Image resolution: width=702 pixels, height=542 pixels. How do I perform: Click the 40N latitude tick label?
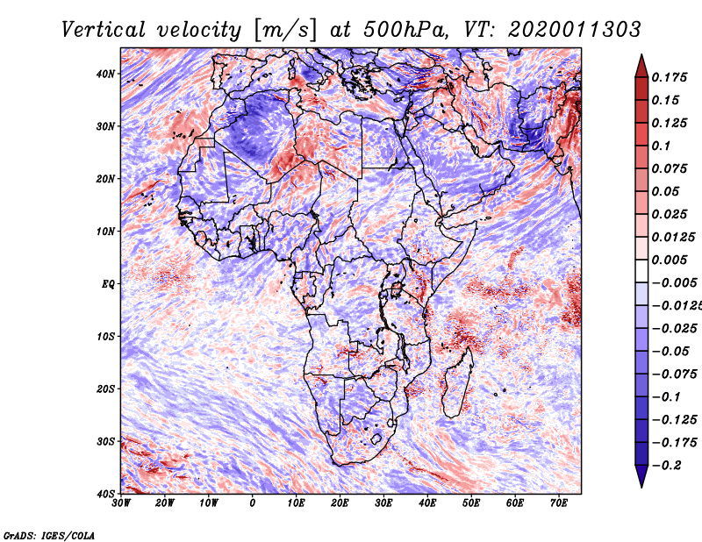tap(105, 74)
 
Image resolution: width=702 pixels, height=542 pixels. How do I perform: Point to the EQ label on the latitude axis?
tap(108, 284)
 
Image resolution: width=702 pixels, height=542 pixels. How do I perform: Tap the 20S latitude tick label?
tap(105, 389)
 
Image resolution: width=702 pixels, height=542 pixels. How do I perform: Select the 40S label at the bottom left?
tap(105, 494)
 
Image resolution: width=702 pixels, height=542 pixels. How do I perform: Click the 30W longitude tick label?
tap(121, 503)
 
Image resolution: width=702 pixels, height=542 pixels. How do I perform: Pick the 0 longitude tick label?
tap(253, 503)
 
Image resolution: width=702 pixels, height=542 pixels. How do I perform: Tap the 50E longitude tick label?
tap(471, 503)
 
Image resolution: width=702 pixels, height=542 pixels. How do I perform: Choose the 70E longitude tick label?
tap(559, 503)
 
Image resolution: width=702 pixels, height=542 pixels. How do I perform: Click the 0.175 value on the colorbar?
tap(670, 77)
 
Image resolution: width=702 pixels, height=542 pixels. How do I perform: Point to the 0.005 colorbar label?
tap(670, 260)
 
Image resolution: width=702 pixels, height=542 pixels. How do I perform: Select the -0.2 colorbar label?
tap(666, 466)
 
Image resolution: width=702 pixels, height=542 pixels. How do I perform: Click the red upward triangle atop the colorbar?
tap(641, 66)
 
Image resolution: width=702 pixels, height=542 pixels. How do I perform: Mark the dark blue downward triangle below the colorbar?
tap(641, 476)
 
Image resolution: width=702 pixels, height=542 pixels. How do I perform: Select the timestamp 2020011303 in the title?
tap(575, 30)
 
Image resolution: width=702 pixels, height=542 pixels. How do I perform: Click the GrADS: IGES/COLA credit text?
tap(49, 536)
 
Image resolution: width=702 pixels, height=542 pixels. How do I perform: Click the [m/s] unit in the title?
tap(286, 30)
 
